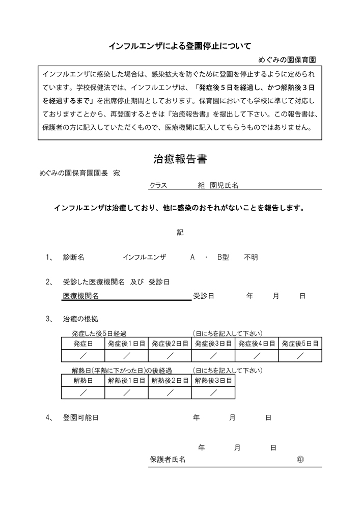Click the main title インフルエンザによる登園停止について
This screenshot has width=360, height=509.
(x=180, y=46)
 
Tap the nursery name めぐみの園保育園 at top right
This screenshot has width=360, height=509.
(x=287, y=60)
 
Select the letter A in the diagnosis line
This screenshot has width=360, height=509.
(x=192, y=258)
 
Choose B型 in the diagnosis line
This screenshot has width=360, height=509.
(x=223, y=258)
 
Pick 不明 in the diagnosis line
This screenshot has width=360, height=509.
(x=251, y=258)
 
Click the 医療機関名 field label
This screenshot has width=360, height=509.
(x=80, y=296)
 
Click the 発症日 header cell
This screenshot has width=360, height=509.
(x=83, y=344)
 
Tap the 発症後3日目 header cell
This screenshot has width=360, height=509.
(x=213, y=344)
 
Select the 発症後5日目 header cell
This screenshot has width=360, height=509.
(x=300, y=344)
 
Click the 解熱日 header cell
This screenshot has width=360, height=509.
(x=83, y=380)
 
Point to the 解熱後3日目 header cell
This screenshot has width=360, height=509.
(x=213, y=380)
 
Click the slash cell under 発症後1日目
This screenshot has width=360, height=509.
(x=126, y=355)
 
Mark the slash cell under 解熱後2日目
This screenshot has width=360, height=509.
(x=170, y=392)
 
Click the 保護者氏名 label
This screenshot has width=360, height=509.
(x=167, y=460)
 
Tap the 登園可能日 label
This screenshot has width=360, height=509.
(x=80, y=418)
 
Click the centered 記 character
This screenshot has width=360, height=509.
(x=180, y=232)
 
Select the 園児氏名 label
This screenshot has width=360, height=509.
(x=225, y=186)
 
